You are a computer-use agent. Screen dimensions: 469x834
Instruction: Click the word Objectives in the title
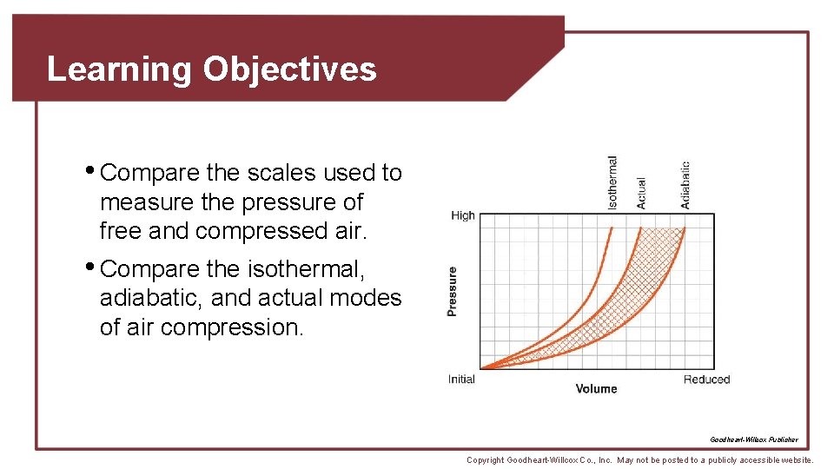(x=290, y=69)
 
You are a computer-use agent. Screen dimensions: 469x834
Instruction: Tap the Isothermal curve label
(x=613, y=182)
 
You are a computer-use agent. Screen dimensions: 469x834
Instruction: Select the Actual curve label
(x=641, y=193)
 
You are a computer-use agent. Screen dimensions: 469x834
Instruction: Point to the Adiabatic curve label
(x=685, y=185)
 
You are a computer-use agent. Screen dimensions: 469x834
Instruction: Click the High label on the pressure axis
(x=462, y=215)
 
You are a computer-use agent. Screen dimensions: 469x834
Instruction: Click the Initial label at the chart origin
(x=461, y=380)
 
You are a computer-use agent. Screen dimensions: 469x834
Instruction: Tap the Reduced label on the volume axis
(x=706, y=380)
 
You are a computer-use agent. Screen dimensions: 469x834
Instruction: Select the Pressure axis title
(x=452, y=290)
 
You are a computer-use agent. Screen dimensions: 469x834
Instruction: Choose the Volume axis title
(x=596, y=389)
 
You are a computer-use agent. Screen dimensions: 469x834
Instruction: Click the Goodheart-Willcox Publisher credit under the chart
(x=753, y=439)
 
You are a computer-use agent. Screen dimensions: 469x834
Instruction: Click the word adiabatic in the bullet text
(x=151, y=298)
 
